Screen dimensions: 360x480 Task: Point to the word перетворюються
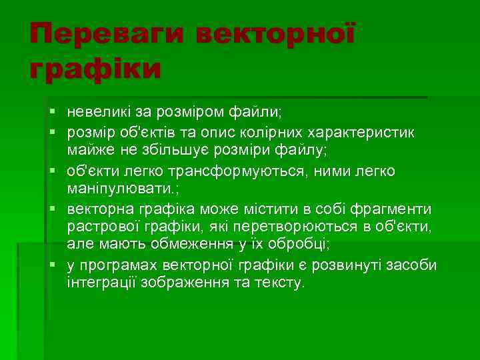coord(280,227)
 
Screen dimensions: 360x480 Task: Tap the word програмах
coord(121,265)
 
